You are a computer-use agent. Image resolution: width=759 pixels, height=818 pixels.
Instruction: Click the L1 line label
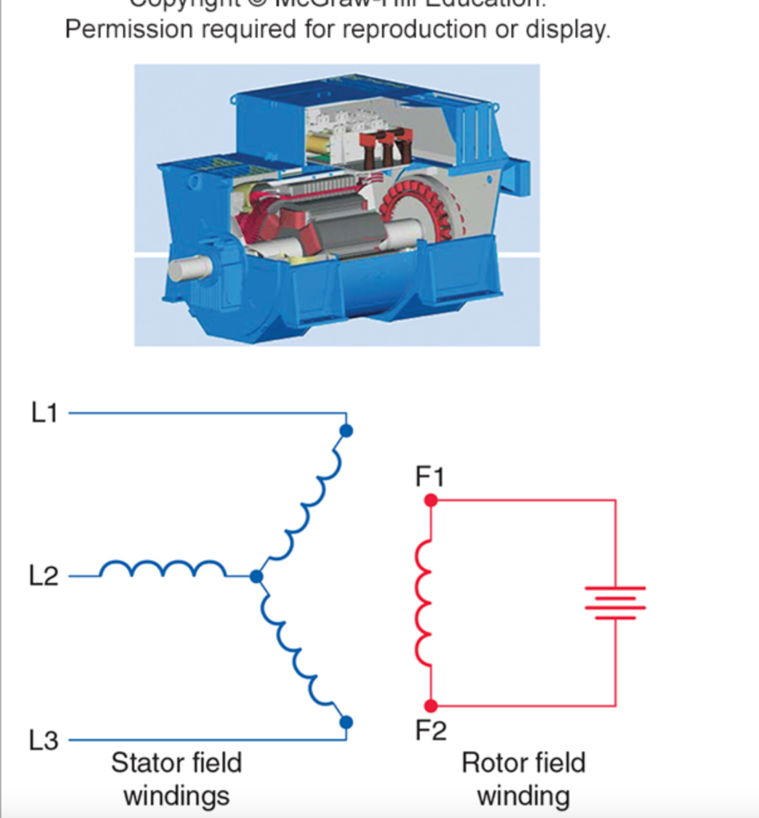[45, 413]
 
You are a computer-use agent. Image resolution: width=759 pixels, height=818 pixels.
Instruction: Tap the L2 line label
[44, 576]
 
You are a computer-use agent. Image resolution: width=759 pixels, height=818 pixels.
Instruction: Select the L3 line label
[44, 741]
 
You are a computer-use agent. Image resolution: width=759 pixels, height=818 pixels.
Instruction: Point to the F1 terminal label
[430, 477]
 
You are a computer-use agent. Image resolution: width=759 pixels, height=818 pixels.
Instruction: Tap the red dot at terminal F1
[431, 501]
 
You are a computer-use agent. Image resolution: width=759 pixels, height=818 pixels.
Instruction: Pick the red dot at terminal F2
[431, 706]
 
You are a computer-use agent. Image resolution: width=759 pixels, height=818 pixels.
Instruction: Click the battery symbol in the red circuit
[615, 603]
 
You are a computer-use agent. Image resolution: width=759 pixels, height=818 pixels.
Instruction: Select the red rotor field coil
[423, 603]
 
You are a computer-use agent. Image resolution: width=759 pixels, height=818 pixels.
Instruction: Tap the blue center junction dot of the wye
[256, 576]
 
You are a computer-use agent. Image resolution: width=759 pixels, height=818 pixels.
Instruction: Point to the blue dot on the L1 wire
[346, 431]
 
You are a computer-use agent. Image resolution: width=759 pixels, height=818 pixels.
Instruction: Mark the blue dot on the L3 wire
[346, 722]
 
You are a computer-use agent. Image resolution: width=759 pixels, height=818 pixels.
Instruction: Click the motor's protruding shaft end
[189, 268]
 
